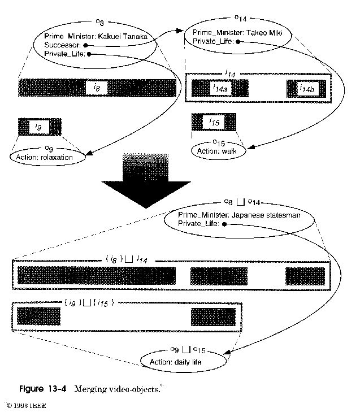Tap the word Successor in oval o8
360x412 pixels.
pyautogui.click(x=62, y=45)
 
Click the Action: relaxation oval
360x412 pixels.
pyautogui.click(x=48, y=157)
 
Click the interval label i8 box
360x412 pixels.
pyautogui.click(x=97, y=88)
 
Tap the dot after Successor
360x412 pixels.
pyautogui.click(x=84, y=45)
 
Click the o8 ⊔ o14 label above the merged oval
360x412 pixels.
pyautogui.click(x=242, y=201)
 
